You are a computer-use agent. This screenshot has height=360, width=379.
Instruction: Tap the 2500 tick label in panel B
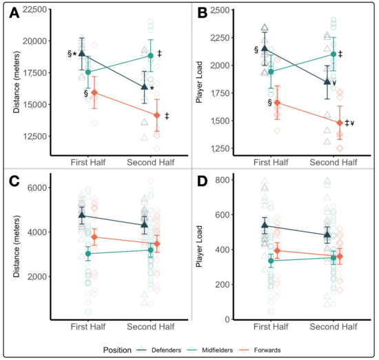click(225, 10)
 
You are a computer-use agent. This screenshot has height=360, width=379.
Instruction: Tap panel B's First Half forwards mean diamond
click(277, 102)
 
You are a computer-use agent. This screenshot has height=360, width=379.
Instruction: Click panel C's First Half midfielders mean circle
click(88, 254)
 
